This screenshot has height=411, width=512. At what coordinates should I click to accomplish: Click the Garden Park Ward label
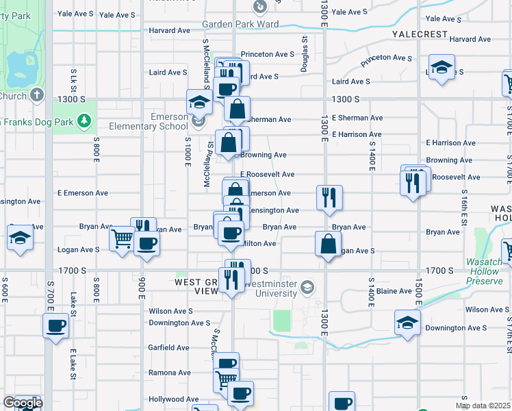coord(241,24)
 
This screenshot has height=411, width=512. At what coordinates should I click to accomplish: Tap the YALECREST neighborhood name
coord(420,34)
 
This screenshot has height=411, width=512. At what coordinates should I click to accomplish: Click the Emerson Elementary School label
coord(149,121)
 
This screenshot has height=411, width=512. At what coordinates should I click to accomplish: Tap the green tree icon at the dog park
coord(84,121)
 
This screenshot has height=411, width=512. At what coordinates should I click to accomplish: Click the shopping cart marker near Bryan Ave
coord(122,239)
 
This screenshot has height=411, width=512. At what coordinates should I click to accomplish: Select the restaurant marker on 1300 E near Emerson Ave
coord(329,197)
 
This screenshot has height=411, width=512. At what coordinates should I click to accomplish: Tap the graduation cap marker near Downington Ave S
coord(407,322)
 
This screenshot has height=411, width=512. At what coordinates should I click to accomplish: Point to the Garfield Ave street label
coord(168,347)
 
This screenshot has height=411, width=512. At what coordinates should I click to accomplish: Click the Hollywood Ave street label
coord(174,399)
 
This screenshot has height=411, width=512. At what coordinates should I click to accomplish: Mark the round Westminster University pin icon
coord(308,286)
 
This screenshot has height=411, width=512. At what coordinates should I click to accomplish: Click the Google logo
coord(23,403)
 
